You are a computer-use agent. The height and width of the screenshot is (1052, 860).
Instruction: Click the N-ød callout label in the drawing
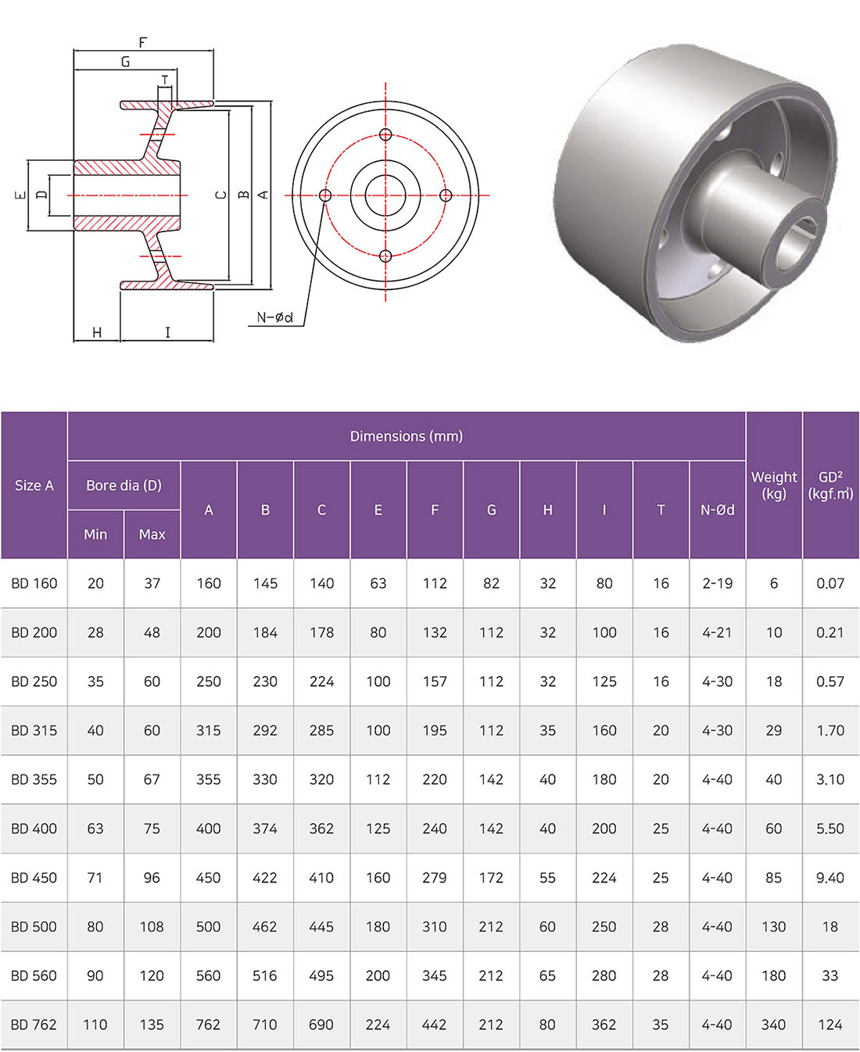click(274, 317)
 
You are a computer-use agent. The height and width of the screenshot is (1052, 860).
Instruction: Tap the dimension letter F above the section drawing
click(142, 42)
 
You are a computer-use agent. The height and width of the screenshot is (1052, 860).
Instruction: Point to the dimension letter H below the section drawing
click(97, 333)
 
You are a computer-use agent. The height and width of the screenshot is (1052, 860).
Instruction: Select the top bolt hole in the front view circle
click(385, 134)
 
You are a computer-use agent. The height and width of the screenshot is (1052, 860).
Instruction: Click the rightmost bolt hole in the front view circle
click(446, 195)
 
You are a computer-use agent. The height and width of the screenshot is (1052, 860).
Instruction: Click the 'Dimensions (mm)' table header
click(406, 436)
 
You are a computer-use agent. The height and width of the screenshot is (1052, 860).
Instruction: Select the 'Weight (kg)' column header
click(773, 485)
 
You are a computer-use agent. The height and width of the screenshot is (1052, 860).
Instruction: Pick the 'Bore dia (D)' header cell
click(124, 485)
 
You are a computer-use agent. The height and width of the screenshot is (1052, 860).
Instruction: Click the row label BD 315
click(34, 730)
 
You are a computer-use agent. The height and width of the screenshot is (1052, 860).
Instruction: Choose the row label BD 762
click(34, 1025)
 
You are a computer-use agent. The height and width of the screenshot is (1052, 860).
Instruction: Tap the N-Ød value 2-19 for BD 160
click(717, 583)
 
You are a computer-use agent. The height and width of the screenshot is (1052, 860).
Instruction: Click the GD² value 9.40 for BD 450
click(830, 878)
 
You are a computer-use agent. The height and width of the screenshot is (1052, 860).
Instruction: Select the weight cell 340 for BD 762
click(773, 1025)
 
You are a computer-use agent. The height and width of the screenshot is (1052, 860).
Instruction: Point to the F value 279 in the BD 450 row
click(435, 878)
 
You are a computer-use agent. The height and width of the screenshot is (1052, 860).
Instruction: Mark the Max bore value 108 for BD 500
click(152, 927)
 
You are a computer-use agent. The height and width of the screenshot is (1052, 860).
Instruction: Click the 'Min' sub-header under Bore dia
click(95, 535)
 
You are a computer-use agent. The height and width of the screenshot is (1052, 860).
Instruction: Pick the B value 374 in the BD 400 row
click(265, 828)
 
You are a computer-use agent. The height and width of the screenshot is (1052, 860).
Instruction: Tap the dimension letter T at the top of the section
click(165, 80)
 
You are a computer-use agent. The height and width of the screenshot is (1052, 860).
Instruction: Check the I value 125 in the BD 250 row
click(604, 682)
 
